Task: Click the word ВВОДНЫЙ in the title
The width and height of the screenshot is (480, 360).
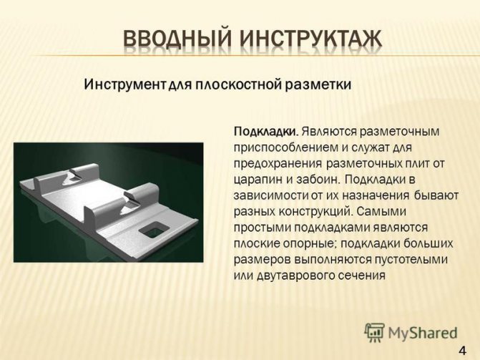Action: [177, 41]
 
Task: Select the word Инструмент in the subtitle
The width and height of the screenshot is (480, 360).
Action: [124, 84]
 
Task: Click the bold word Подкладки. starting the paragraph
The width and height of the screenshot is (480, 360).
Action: [266, 132]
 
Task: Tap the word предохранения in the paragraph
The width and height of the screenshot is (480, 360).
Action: [278, 164]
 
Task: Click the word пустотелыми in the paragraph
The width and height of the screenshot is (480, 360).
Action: [411, 260]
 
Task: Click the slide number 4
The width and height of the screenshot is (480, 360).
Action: [462, 350]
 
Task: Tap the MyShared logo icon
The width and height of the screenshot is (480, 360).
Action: [374, 332]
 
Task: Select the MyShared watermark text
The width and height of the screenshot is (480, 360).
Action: [423, 333]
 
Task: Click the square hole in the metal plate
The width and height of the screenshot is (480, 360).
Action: [155, 229]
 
